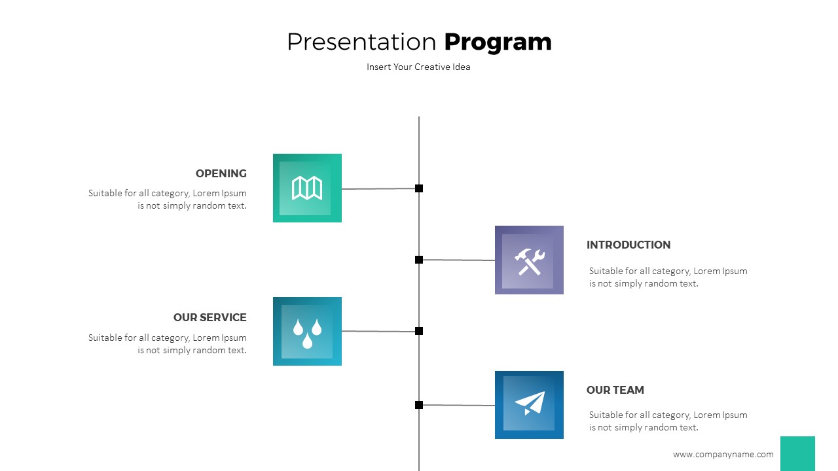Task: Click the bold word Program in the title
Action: (498, 42)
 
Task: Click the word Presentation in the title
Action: (362, 42)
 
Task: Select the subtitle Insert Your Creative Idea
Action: (418, 67)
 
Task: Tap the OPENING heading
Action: (221, 173)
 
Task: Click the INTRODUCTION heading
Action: (628, 245)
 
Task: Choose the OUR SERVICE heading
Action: (209, 317)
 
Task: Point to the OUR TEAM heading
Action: (615, 390)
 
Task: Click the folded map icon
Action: (307, 188)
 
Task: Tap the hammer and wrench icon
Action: (529, 260)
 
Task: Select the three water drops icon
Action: (307, 332)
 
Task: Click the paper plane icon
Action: (529, 404)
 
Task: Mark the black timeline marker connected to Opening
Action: (419, 188)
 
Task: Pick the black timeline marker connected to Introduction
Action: (419, 260)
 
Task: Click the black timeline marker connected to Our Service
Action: (419, 331)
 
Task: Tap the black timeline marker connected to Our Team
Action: (419, 405)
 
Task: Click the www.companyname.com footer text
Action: (723, 454)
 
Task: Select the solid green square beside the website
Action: (797, 453)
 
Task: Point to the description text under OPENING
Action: (168, 200)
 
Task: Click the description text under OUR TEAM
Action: (668, 421)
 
